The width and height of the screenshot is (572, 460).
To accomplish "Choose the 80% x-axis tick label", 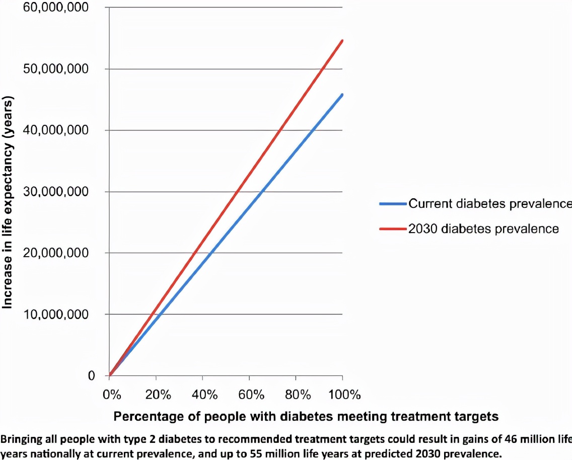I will pyautogui.click(x=296, y=394).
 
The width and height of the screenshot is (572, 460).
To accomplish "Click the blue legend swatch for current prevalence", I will pyautogui.click(x=393, y=204).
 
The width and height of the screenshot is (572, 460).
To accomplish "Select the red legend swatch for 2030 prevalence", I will pyautogui.click(x=393, y=228).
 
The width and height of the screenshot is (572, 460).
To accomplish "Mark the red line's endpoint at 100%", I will pyautogui.click(x=342, y=41).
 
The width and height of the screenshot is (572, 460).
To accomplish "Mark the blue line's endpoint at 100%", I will pyautogui.click(x=342, y=95).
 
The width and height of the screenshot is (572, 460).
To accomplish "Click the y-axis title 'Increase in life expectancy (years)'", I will pyautogui.click(x=8, y=201).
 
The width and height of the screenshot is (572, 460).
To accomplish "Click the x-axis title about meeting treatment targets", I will pyautogui.click(x=306, y=417).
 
